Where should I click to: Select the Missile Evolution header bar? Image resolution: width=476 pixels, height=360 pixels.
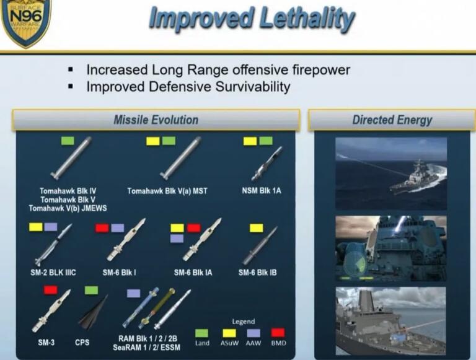tap(156, 120)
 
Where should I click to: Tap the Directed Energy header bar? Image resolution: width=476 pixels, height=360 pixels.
tap(392, 120)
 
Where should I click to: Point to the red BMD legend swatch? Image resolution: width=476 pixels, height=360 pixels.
tap(278, 333)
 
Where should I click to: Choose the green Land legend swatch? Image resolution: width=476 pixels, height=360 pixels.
tap(201, 333)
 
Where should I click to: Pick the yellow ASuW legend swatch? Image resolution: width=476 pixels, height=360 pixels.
tap(229, 333)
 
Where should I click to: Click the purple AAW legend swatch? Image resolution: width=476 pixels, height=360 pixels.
tap(253, 333)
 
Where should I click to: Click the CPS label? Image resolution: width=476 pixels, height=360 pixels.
tap(82, 342)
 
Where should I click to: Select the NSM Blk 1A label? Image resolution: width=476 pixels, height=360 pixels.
tap(261, 191)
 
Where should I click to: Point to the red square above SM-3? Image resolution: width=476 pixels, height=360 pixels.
tap(51, 290)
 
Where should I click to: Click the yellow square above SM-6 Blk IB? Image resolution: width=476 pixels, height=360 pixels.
tap(256, 228)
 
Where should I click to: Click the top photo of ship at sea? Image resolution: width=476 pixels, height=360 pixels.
tap(390, 173)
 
